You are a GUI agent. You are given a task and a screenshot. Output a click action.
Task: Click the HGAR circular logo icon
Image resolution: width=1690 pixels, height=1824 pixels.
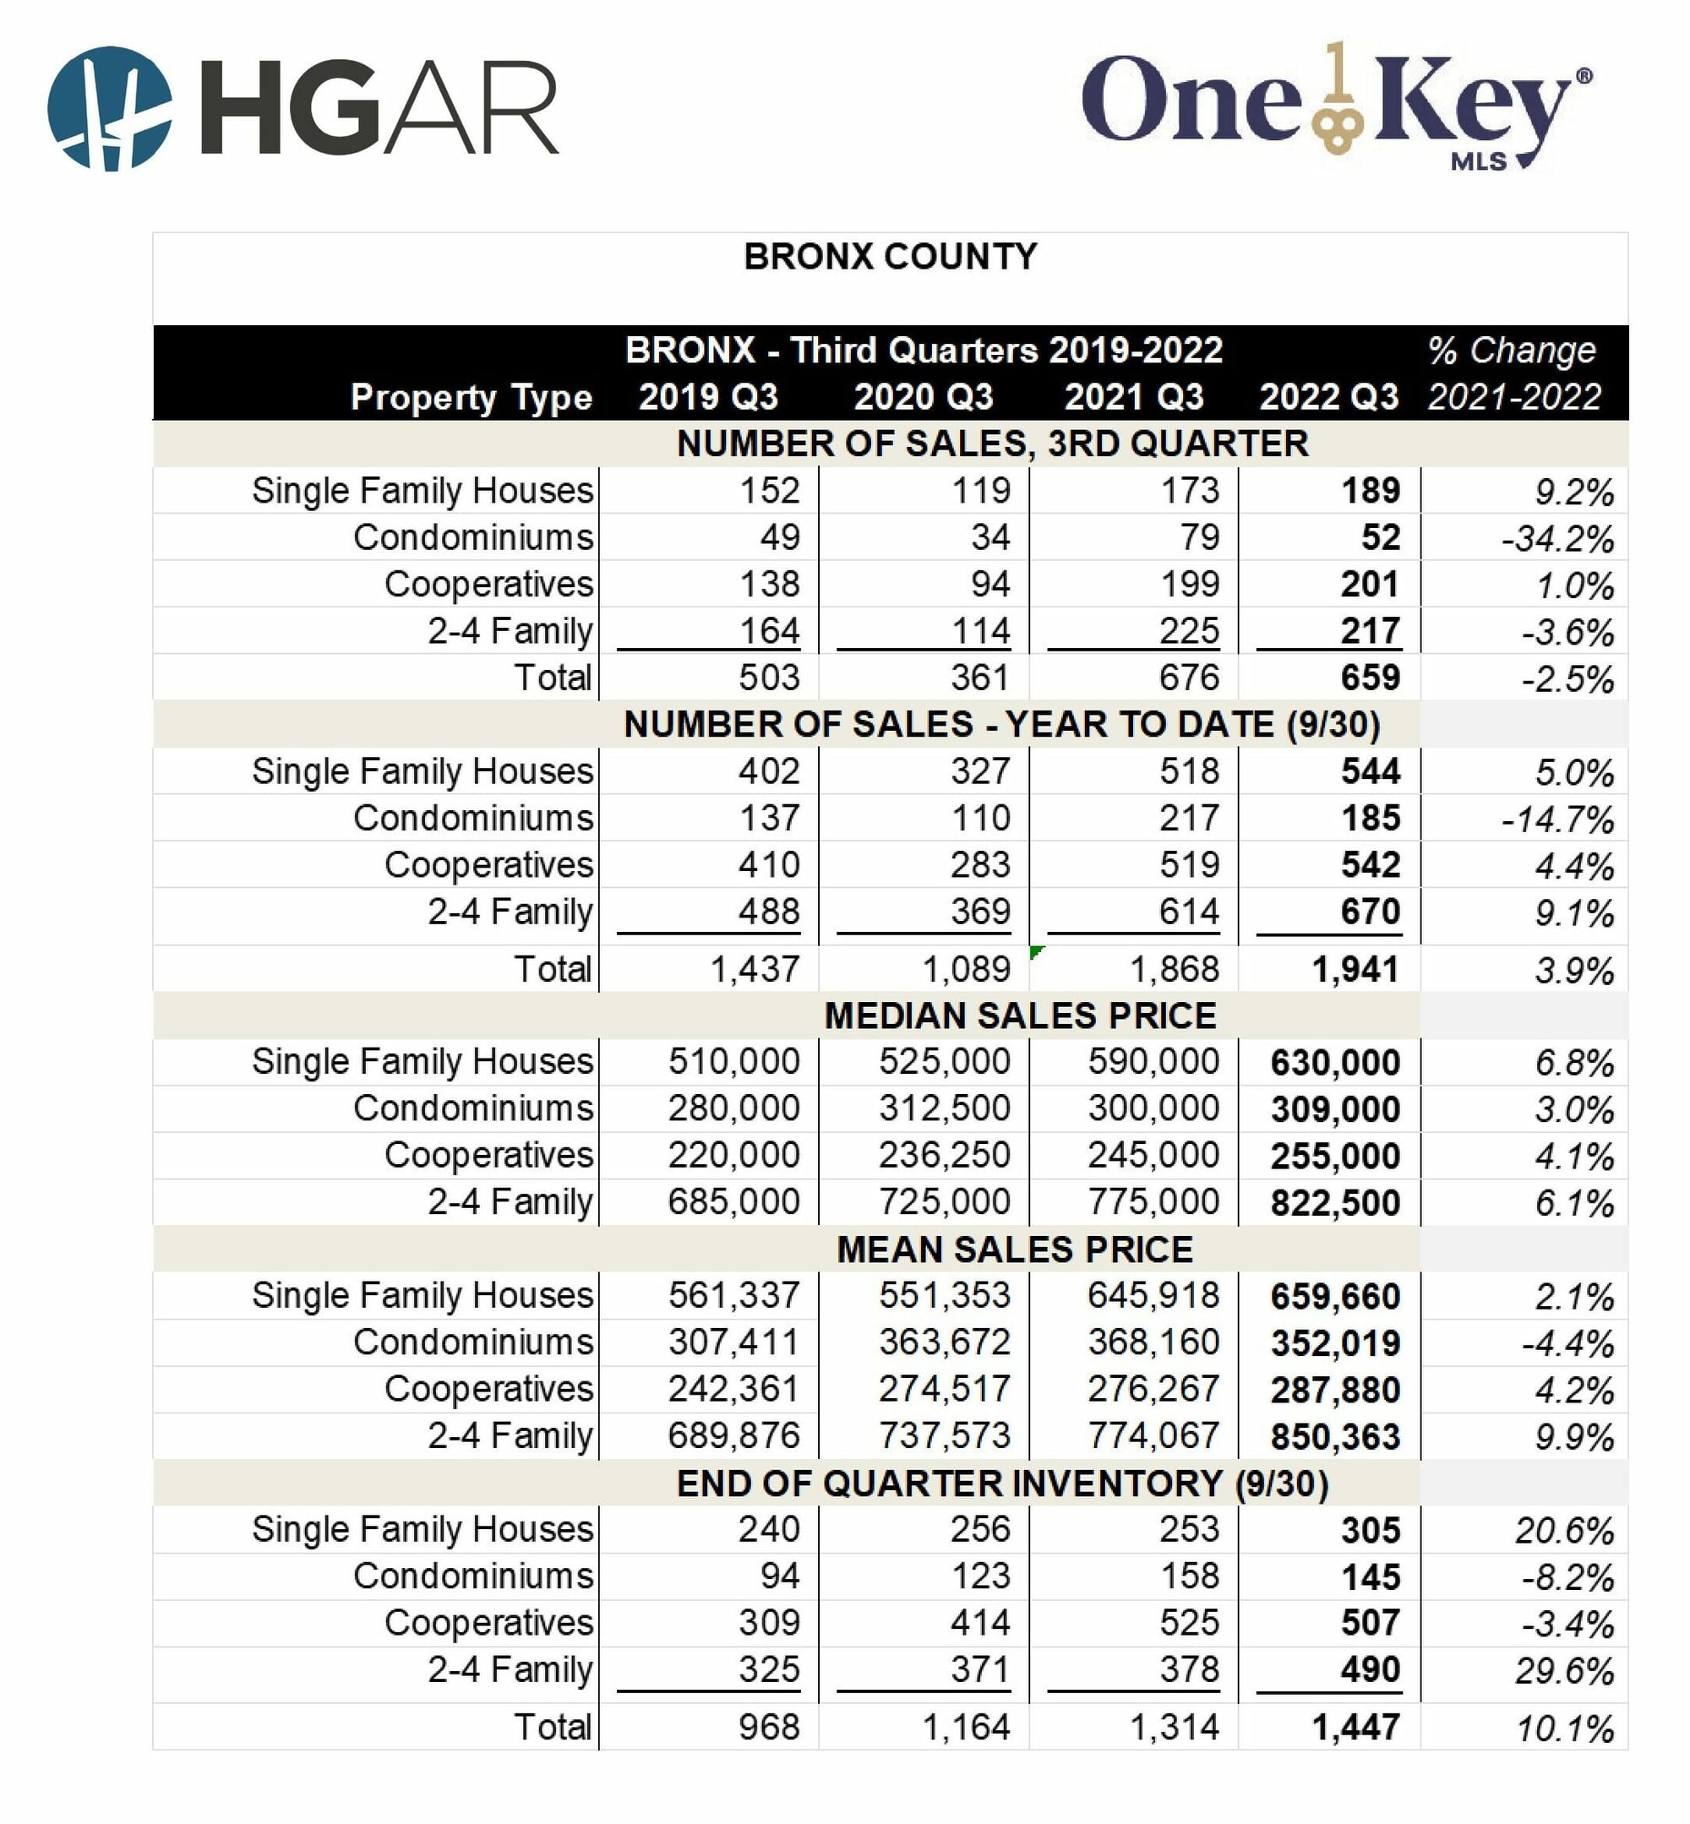[109, 109]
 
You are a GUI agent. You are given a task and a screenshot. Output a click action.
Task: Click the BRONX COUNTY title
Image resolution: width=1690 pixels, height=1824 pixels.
[890, 257]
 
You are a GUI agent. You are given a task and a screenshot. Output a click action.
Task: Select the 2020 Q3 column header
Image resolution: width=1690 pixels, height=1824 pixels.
[923, 397]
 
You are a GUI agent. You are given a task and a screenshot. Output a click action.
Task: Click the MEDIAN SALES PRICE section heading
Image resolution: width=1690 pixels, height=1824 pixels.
[1020, 1015]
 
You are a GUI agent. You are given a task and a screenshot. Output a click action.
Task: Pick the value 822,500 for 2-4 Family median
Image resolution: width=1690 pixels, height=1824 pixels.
[1334, 1202]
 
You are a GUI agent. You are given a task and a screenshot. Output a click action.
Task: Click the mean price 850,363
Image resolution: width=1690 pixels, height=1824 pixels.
[1334, 1436]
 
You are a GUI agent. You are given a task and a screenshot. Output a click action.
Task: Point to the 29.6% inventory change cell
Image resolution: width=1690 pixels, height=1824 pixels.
[1563, 1671]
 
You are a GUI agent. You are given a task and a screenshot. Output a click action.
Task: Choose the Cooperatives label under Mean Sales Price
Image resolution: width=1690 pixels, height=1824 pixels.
[488, 1389]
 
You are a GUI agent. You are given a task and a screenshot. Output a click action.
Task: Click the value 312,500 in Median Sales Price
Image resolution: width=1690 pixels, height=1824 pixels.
[944, 1108]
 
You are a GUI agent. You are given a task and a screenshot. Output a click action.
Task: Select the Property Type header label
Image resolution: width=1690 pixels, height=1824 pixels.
[471, 398]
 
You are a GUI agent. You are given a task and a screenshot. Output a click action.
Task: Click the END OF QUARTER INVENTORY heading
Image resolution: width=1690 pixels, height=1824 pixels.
[1001, 1483]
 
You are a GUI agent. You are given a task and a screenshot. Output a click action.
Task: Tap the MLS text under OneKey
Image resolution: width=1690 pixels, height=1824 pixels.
[1478, 162]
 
